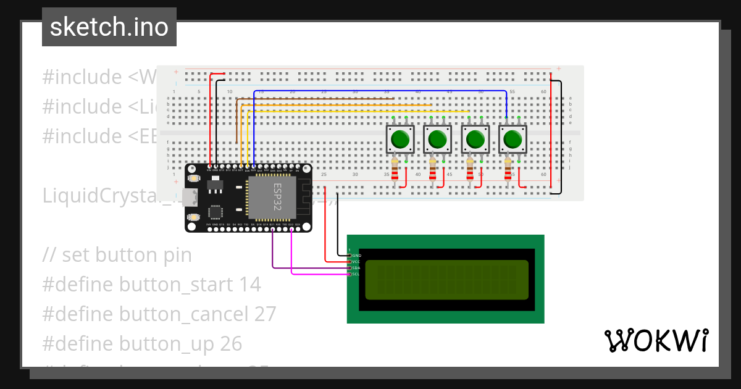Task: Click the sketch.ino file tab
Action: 109,27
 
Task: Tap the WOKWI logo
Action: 656,341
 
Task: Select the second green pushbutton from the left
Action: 438,140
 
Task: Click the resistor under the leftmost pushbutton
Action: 395,170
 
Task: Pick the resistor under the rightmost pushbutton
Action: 508,170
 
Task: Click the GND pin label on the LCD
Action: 356,255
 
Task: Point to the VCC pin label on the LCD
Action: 356,261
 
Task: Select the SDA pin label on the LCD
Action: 356,267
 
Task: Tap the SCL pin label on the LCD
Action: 356,274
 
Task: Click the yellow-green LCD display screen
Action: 446,280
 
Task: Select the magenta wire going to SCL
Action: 321,274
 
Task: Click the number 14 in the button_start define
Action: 249,285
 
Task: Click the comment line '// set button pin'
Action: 117,255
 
